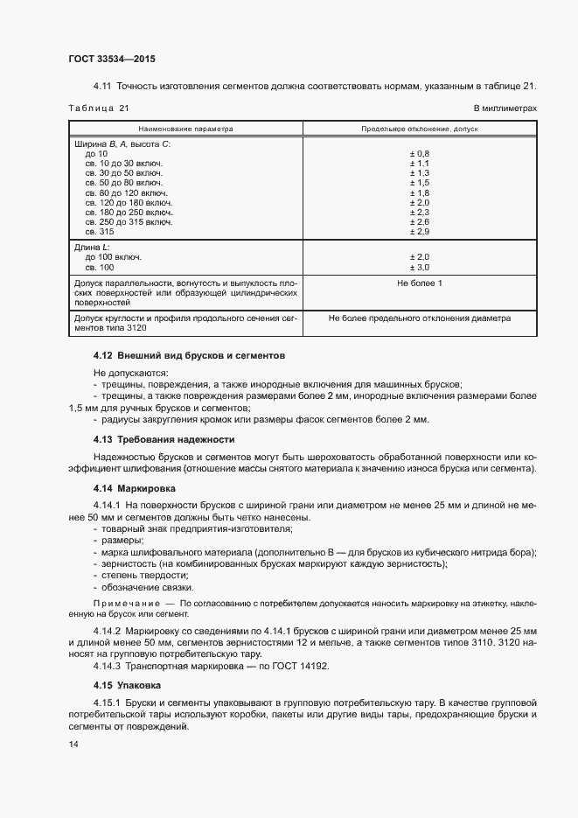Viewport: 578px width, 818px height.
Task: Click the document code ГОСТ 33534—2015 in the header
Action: (111, 59)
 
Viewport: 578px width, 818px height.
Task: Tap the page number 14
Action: (73, 744)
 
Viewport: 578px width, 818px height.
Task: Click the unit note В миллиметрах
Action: (505, 108)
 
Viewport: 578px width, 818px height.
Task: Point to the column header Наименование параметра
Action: (185, 128)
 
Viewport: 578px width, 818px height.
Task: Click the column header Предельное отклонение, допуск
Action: (419, 128)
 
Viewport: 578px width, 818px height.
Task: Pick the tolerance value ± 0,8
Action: (419, 154)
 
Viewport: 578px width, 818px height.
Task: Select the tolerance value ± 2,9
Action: (419, 231)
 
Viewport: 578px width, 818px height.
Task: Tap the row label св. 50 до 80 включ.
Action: (123, 183)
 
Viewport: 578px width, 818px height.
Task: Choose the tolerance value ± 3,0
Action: (419, 267)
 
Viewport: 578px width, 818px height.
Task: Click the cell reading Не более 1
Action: (419, 283)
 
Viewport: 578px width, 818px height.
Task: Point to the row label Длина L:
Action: (95, 248)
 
